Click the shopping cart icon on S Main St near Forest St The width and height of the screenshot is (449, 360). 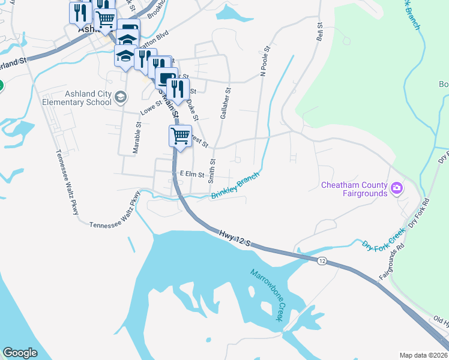tap(180, 136)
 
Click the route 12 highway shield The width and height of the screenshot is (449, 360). tap(322, 260)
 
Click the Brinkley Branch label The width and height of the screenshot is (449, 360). tap(235, 187)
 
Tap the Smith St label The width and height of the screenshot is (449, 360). tap(211, 171)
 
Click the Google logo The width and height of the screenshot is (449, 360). tap(20, 353)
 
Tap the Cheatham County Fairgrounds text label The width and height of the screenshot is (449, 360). tap(354, 189)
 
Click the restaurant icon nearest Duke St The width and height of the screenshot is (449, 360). tap(175, 89)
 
